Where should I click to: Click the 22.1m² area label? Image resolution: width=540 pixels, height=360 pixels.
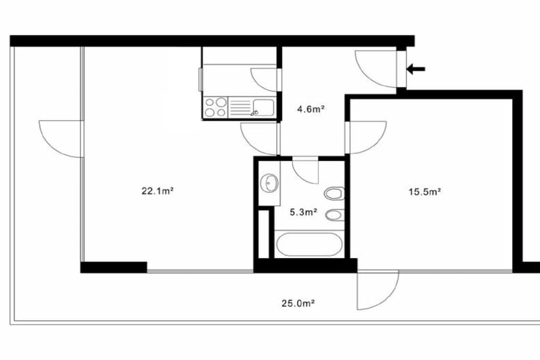point(157,191)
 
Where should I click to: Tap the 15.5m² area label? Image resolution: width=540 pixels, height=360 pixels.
point(425,192)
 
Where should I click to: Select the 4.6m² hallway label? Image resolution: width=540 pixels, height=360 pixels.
point(311,110)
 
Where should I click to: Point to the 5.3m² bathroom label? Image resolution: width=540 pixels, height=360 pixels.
point(303,212)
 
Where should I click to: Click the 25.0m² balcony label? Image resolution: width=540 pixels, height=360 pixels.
point(298,303)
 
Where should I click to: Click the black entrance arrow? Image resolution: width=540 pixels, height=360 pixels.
point(416,69)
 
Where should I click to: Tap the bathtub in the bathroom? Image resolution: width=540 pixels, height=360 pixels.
point(309,245)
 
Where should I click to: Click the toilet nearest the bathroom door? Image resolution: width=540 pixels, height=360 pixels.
point(334,193)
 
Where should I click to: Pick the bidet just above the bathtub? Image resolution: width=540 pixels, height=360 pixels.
point(334,216)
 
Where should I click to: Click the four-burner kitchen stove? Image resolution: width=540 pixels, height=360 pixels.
point(216,107)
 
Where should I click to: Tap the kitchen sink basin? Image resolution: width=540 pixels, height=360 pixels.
point(263,106)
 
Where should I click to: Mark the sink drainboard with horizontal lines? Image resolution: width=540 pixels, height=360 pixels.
point(240,107)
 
